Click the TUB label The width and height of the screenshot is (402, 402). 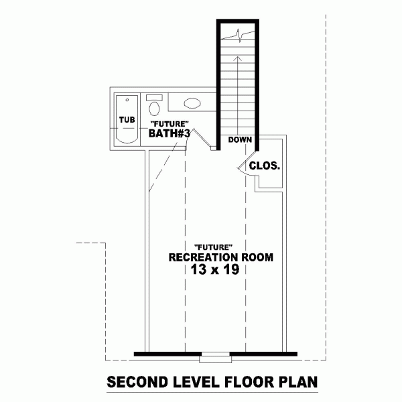127,120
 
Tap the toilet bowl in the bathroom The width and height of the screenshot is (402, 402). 154,109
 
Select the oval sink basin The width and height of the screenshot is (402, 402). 192,103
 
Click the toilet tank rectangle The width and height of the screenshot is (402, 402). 154,98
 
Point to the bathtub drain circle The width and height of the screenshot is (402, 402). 127,100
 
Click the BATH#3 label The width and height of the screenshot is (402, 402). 170,133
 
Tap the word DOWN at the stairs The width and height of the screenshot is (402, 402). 240,140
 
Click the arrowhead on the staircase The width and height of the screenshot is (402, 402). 238,59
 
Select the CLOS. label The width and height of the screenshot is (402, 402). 265,166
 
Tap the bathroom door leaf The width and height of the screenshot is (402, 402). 202,137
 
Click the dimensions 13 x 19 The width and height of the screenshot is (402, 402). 215,269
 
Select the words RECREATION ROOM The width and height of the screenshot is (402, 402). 221,257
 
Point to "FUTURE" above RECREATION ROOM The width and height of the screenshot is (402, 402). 214,247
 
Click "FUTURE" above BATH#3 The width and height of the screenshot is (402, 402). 170,124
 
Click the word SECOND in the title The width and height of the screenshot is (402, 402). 137,383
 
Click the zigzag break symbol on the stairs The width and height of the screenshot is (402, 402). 239,35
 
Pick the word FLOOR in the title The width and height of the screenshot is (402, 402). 249,383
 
